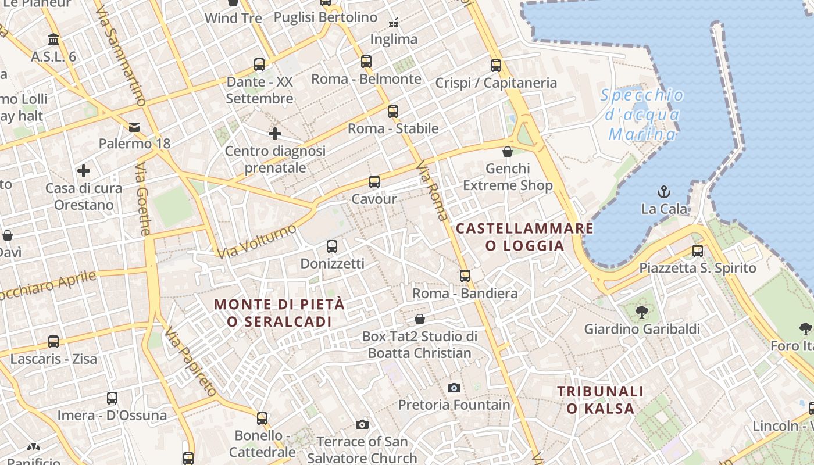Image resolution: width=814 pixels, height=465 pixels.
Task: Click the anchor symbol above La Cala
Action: click(663, 191)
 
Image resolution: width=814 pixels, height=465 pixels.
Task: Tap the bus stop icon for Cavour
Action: click(374, 182)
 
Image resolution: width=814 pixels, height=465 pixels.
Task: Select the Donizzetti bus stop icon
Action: click(332, 246)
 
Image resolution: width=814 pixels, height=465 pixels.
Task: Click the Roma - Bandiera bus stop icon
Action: click(465, 276)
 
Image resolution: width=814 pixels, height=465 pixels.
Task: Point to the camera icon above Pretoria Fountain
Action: click(454, 388)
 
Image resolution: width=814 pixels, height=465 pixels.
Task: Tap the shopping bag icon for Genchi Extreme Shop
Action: click(508, 152)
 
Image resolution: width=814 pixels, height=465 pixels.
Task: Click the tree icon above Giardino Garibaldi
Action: click(642, 312)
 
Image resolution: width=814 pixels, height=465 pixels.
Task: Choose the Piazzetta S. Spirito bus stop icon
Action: click(698, 251)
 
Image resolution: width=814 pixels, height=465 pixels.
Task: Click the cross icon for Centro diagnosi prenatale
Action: click(275, 134)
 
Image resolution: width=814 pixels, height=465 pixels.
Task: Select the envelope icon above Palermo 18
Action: click(134, 127)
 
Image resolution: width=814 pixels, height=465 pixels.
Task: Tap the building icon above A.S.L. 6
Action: click(54, 40)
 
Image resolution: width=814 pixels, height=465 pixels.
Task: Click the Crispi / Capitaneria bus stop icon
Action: click(496, 66)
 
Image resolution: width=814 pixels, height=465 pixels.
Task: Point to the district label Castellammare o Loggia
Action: click(525, 237)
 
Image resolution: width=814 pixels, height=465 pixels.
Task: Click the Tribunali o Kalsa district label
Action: click(601, 400)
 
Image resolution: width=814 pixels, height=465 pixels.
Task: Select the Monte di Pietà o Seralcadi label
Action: click(279, 313)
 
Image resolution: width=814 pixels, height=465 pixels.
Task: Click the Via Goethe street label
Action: click(143, 199)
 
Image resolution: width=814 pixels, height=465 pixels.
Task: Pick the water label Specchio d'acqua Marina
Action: click(642, 115)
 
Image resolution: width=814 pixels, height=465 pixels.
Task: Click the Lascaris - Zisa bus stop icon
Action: click(53, 342)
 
